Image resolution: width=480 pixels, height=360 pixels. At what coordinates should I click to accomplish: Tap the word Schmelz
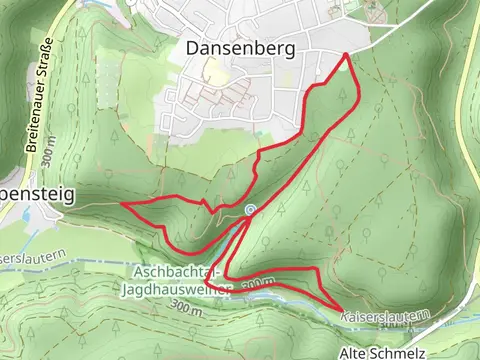click(403, 353)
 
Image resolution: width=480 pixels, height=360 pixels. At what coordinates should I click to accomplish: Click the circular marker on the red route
click(249, 209)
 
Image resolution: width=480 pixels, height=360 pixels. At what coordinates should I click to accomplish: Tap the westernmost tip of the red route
click(123, 203)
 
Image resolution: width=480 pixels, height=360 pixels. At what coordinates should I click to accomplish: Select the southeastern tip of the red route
click(342, 307)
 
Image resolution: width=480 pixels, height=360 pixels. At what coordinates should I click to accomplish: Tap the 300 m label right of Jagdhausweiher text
click(257, 286)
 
